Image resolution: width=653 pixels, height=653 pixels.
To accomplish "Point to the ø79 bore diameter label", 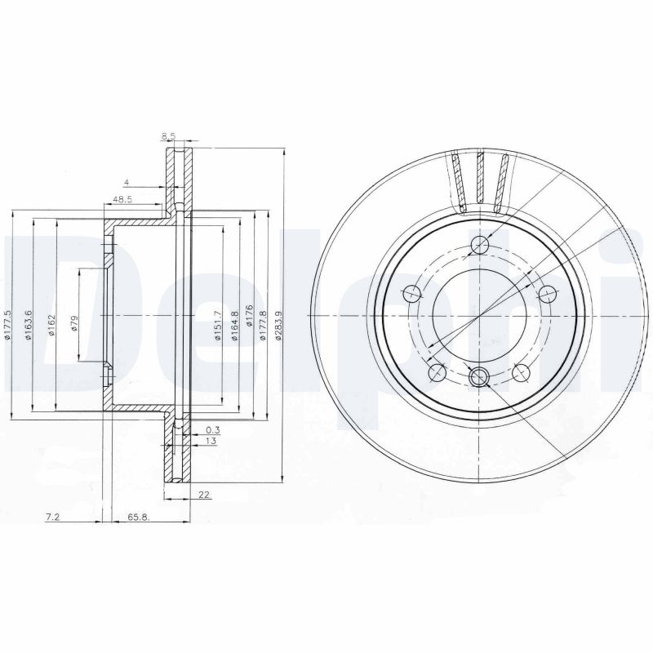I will tap(74, 323).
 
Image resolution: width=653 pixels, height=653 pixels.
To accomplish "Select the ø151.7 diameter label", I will tap(218, 325).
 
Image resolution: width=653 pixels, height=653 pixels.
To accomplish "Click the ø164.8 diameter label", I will tap(234, 326).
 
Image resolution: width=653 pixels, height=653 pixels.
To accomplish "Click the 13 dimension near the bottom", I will tap(211, 441).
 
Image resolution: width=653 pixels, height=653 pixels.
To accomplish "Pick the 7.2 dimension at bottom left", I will tap(53, 517).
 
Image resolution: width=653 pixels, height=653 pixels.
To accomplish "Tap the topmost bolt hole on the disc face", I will tap(482, 246).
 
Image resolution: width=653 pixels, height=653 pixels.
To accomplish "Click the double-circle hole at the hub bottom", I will tap(479, 375).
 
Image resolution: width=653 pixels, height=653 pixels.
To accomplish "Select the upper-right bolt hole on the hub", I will tap(548, 294).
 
